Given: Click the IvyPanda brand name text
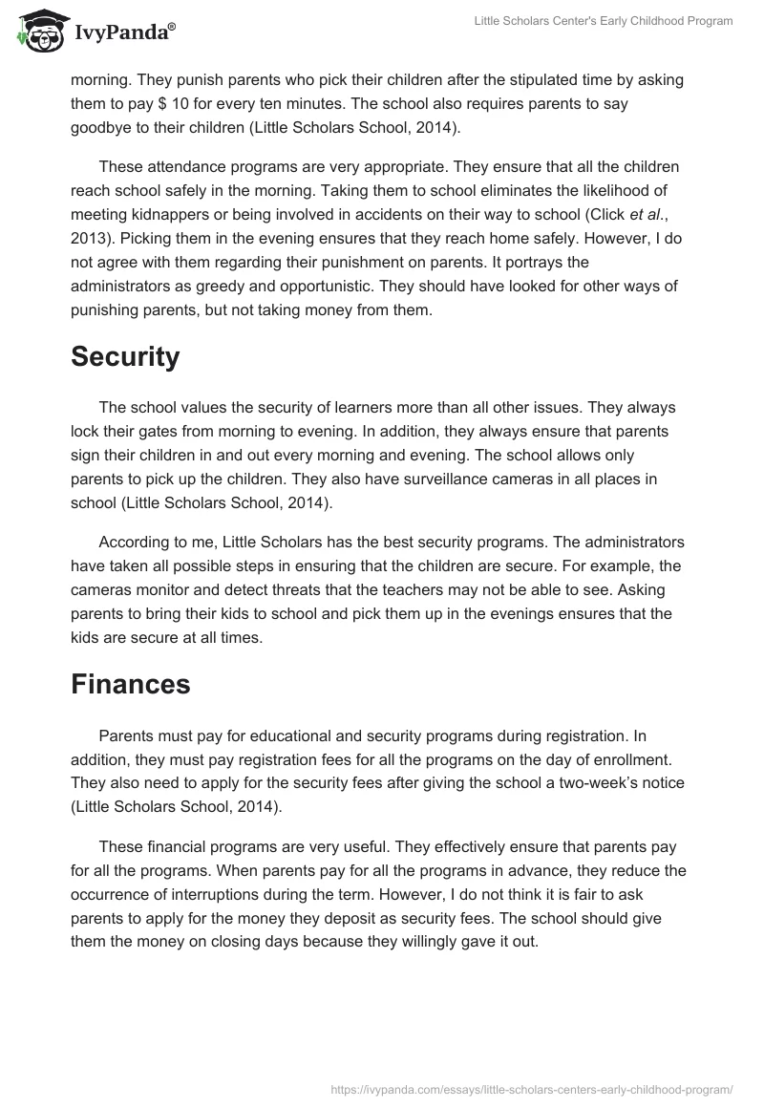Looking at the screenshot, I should tap(124, 33).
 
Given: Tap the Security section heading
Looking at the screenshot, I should tap(125, 357).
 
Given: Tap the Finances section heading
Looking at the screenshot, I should tap(130, 684).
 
